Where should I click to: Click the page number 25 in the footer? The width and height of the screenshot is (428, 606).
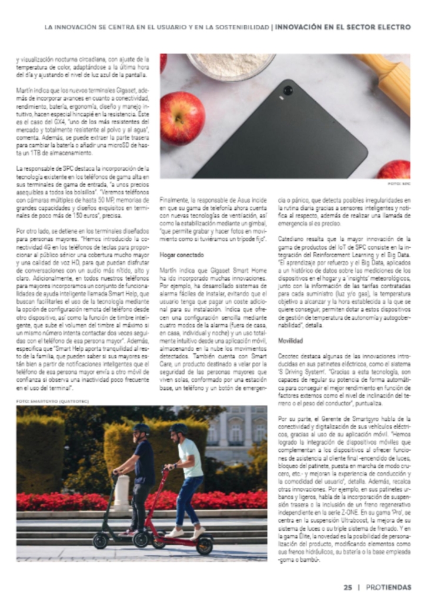point(347,587)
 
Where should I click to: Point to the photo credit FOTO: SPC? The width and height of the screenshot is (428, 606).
point(399,184)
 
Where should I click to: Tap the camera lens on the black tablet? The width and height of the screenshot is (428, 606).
point(287,91)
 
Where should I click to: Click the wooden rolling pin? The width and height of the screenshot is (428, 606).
point(387,76)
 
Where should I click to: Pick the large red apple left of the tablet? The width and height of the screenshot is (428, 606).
point(183,118)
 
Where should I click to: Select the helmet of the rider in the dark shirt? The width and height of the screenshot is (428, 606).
point(141,428)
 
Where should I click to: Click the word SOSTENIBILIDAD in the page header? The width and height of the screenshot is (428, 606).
point(234,27)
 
